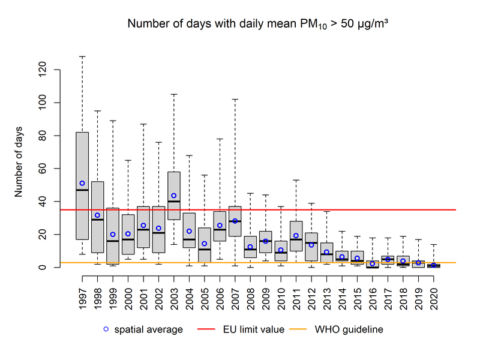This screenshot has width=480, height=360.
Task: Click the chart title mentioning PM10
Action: click(259, 25)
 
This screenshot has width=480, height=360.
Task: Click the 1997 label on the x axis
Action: click(82, 295)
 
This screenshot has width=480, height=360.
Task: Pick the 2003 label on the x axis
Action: click(174, 295)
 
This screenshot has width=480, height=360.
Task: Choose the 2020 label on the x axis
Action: click(434, 295)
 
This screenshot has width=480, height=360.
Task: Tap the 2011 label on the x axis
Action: click(296, 295)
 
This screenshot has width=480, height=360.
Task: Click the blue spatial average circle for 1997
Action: click(82, 183)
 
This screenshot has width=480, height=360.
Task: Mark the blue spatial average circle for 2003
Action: click(174, 196)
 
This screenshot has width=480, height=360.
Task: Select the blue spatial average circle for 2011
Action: click(296, 236)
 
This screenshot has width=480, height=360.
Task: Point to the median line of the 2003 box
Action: click(174, 202)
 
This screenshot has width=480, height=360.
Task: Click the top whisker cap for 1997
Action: click(82, 56)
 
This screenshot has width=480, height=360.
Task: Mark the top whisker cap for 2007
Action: click(235, 100)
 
